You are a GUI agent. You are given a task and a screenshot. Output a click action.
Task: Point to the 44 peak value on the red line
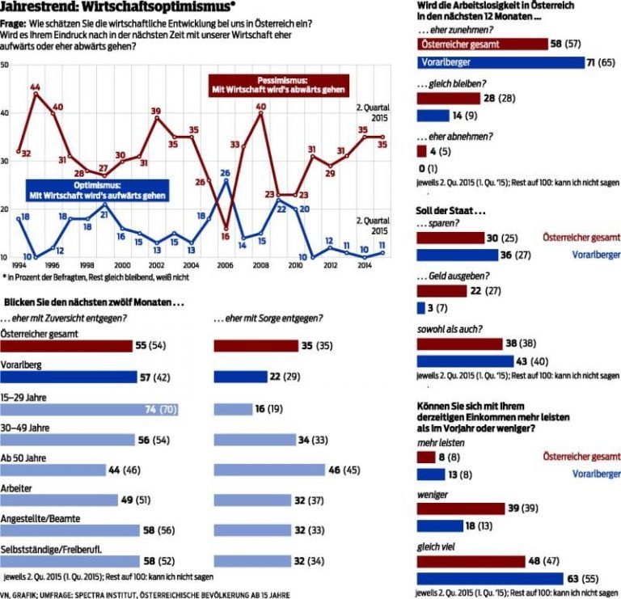pos(36,86)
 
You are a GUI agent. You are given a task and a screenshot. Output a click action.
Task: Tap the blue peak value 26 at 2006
pos(226,172)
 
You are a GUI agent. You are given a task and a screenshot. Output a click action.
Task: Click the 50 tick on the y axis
pos(5,63)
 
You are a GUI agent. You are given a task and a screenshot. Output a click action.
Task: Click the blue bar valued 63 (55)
pos(489,578)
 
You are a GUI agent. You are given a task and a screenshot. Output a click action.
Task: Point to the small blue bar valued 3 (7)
pos(420,308)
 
